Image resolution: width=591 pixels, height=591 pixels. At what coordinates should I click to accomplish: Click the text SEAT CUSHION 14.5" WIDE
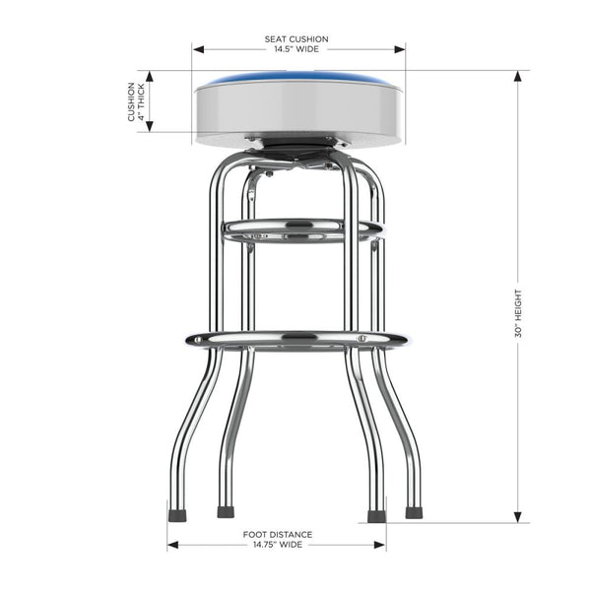296,44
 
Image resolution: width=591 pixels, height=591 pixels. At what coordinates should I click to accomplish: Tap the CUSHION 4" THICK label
136,102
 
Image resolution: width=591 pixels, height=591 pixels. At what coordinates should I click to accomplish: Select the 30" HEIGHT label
519,313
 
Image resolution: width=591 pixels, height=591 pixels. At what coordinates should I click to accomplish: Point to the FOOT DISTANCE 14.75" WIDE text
277,540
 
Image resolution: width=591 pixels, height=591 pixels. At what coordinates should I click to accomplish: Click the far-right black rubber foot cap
412,513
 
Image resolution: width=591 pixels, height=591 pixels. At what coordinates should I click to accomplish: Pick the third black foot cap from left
375,514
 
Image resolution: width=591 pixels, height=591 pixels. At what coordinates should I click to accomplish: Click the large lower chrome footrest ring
295,340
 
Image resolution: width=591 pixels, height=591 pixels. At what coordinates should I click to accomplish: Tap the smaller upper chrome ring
301,230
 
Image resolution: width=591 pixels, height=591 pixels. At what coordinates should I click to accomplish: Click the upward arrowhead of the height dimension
518,76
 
